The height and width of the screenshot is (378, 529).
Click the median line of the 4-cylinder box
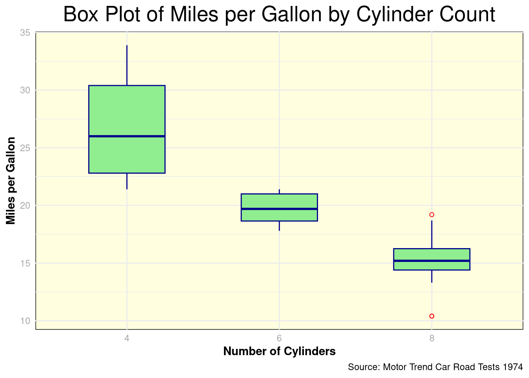coord(127,136)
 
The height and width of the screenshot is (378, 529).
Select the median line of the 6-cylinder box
coord(279,209)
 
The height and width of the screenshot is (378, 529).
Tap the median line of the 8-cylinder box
coord(431,261)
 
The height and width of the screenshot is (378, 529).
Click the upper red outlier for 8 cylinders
coord(432,215)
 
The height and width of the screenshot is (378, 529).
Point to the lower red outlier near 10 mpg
coord(432,316)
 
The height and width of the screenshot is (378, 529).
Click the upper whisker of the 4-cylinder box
coord(127,65)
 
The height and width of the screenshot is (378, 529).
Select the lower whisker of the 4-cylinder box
coord(127,181)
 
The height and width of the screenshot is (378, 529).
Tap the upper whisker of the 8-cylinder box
coord(432,235)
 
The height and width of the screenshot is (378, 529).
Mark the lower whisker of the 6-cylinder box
coord(279,226)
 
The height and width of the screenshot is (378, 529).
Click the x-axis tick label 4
coord(127,338)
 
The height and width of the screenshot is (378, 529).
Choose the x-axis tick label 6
coord(279,338)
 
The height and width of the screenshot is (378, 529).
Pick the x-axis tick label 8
coord(432,338)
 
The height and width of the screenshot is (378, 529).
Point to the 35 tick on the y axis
coord(25,33)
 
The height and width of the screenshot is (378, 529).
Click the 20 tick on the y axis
coord(25,206)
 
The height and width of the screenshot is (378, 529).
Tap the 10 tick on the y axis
coord(25,321)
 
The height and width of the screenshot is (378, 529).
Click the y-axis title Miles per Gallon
coord(11,181)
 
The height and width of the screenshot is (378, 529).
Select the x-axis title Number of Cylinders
coord(279,351)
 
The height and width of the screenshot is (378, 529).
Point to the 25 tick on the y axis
coord(25,148)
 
